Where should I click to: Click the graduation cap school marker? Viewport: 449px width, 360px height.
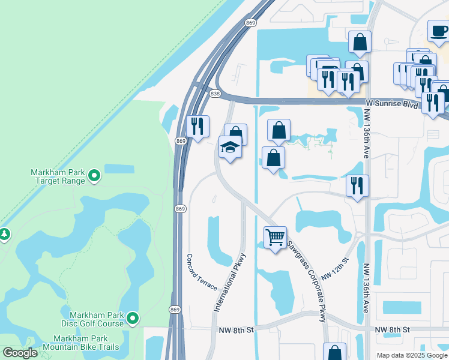click(x=231, y=148)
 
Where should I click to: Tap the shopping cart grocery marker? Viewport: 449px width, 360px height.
click(x=275, y=237)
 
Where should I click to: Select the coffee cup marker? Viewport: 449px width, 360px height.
click(x=438, y=30)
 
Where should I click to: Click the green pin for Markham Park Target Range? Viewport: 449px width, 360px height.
click(x=94, y=176)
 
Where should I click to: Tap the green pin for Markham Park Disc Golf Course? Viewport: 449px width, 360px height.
click(x=133, y=319)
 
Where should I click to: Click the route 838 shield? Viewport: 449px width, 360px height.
click(x=215, y=94)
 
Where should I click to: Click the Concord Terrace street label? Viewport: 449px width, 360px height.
click(x=202, y=271)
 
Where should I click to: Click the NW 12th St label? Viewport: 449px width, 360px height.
click(x=335, y=269)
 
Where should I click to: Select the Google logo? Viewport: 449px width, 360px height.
click(x=20, y=353)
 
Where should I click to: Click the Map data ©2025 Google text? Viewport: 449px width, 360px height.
click(x=411, y=355)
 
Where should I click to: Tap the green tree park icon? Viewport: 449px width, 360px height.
click(x=5, y=233)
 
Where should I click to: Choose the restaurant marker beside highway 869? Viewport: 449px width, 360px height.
click(x=197, y=126)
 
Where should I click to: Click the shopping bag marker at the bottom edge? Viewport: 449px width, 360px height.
click(x=334, y=353)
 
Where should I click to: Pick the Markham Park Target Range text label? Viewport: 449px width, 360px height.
click(x=58, y=176)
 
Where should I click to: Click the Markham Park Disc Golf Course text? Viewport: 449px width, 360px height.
click(x=96, y=319)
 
